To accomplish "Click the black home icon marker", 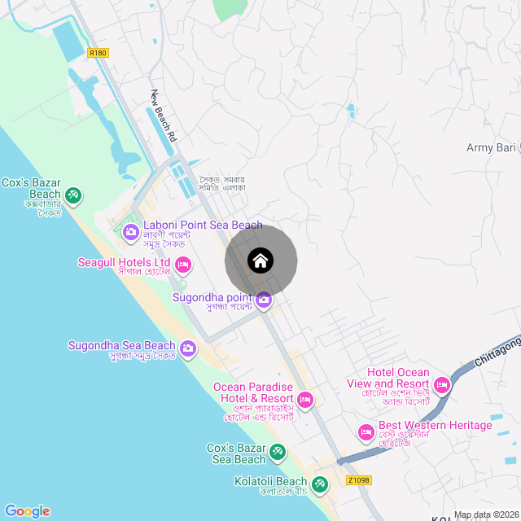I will (260, 261).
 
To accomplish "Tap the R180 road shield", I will (98, 53).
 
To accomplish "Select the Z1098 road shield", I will (358, 480).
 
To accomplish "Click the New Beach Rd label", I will (164, 116).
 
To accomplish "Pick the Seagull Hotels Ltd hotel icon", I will (183, 264).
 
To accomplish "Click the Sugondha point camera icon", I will (264, 301).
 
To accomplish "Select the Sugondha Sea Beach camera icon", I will (188, 349).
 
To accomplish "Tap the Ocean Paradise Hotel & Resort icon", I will (305, 399).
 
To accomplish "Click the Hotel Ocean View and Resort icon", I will (442, 383).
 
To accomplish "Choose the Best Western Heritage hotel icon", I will (366, 431).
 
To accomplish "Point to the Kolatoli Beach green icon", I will (320, 485).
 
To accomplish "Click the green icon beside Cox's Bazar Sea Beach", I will (278, 451).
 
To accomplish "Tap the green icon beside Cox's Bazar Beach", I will (73, 195).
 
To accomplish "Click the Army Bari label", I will (493, 147).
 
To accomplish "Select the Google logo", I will (27, 511).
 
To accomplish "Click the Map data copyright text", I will (486, 514).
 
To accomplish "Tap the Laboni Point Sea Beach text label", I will (203, 225).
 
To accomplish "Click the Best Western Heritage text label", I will (436, 426).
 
